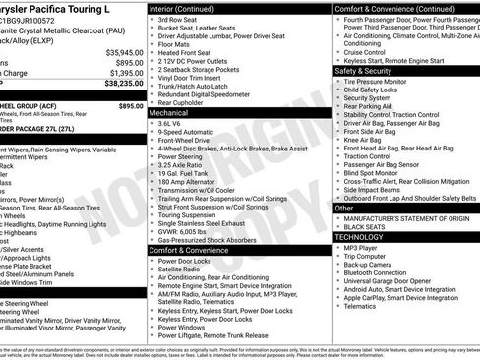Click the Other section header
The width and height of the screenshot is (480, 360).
coord(345,208)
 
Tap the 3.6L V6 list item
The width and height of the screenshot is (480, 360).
coord(172,123)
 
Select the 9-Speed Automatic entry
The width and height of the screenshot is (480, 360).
coord(187,134)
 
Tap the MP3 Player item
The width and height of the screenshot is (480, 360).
coord(360,249)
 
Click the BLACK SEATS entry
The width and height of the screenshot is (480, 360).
coord(365,226)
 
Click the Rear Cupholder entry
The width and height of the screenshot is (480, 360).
coord(183,102)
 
